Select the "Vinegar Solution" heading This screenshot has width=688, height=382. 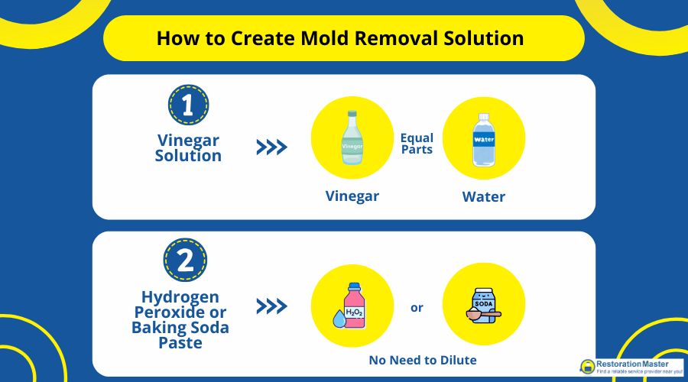188,147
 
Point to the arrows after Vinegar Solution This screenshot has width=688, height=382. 271,147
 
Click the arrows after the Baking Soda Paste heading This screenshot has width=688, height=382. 271,307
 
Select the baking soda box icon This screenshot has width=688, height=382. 485,303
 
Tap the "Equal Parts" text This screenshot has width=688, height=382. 417,144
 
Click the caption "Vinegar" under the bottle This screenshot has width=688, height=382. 352,196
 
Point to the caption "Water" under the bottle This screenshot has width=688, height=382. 483,196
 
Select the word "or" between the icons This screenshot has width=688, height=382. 417,308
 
